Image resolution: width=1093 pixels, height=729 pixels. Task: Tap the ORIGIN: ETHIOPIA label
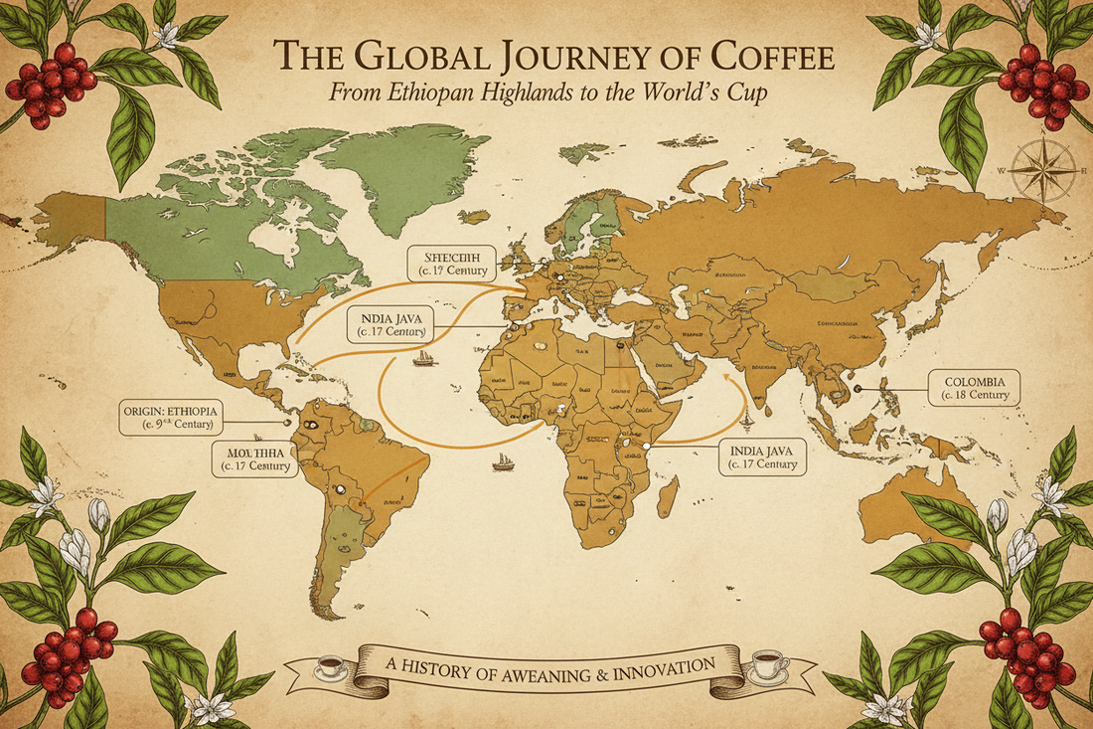170,418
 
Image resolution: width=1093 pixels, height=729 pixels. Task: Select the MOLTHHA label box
256,457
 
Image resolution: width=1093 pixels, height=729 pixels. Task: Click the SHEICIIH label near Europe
458,260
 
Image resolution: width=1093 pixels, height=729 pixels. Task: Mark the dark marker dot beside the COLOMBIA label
858,389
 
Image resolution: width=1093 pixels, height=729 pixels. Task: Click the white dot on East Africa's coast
647,448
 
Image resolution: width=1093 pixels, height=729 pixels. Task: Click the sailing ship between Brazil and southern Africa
503,460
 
